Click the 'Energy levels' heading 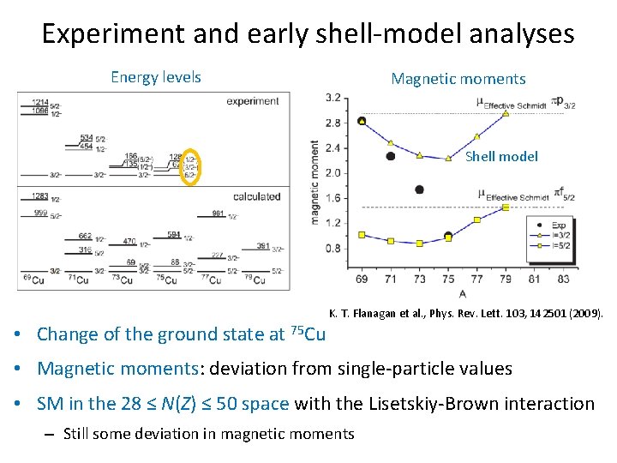156,77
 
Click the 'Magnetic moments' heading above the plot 458,79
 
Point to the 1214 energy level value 39,102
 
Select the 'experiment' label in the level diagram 253,100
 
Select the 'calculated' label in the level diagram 256,196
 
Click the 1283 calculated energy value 39,196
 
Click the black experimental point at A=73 419,189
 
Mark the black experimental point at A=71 391,156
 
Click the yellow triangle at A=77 477,136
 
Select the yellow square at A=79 506,207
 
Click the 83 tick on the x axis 563,280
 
